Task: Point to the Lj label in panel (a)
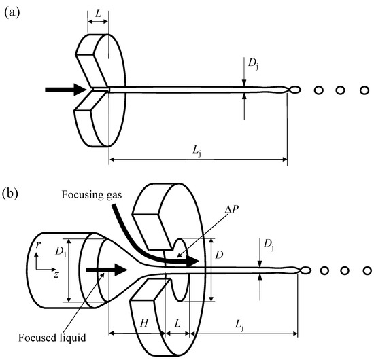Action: (x=197, y=149)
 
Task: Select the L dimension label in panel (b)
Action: (x=176, y=319)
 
